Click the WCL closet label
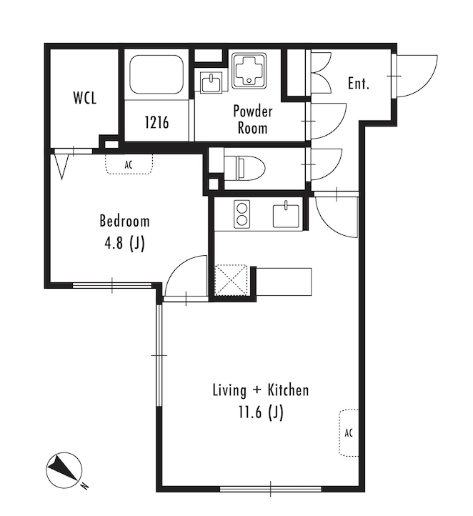(x=85, y=98)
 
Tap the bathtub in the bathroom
(x=156, y=74)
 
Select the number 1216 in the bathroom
(x=156, y=122)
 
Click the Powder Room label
(x=253, y=119)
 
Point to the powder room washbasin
(x=211, y=82)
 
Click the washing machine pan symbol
(x=249, y=71)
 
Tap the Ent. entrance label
(x=359, y=83)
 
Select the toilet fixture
(x=245, y=168)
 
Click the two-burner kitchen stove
(x=242, y=214)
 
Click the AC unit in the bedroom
(x=129, y=164)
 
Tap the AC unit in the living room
(x=349, y=432)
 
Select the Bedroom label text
(x=124, y=221)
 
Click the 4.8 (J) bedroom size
(x=124, y=244)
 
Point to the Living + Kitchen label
(x=261, y=390)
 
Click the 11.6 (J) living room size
(x=261, y=412)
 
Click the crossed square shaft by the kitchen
(x=231, y=280)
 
